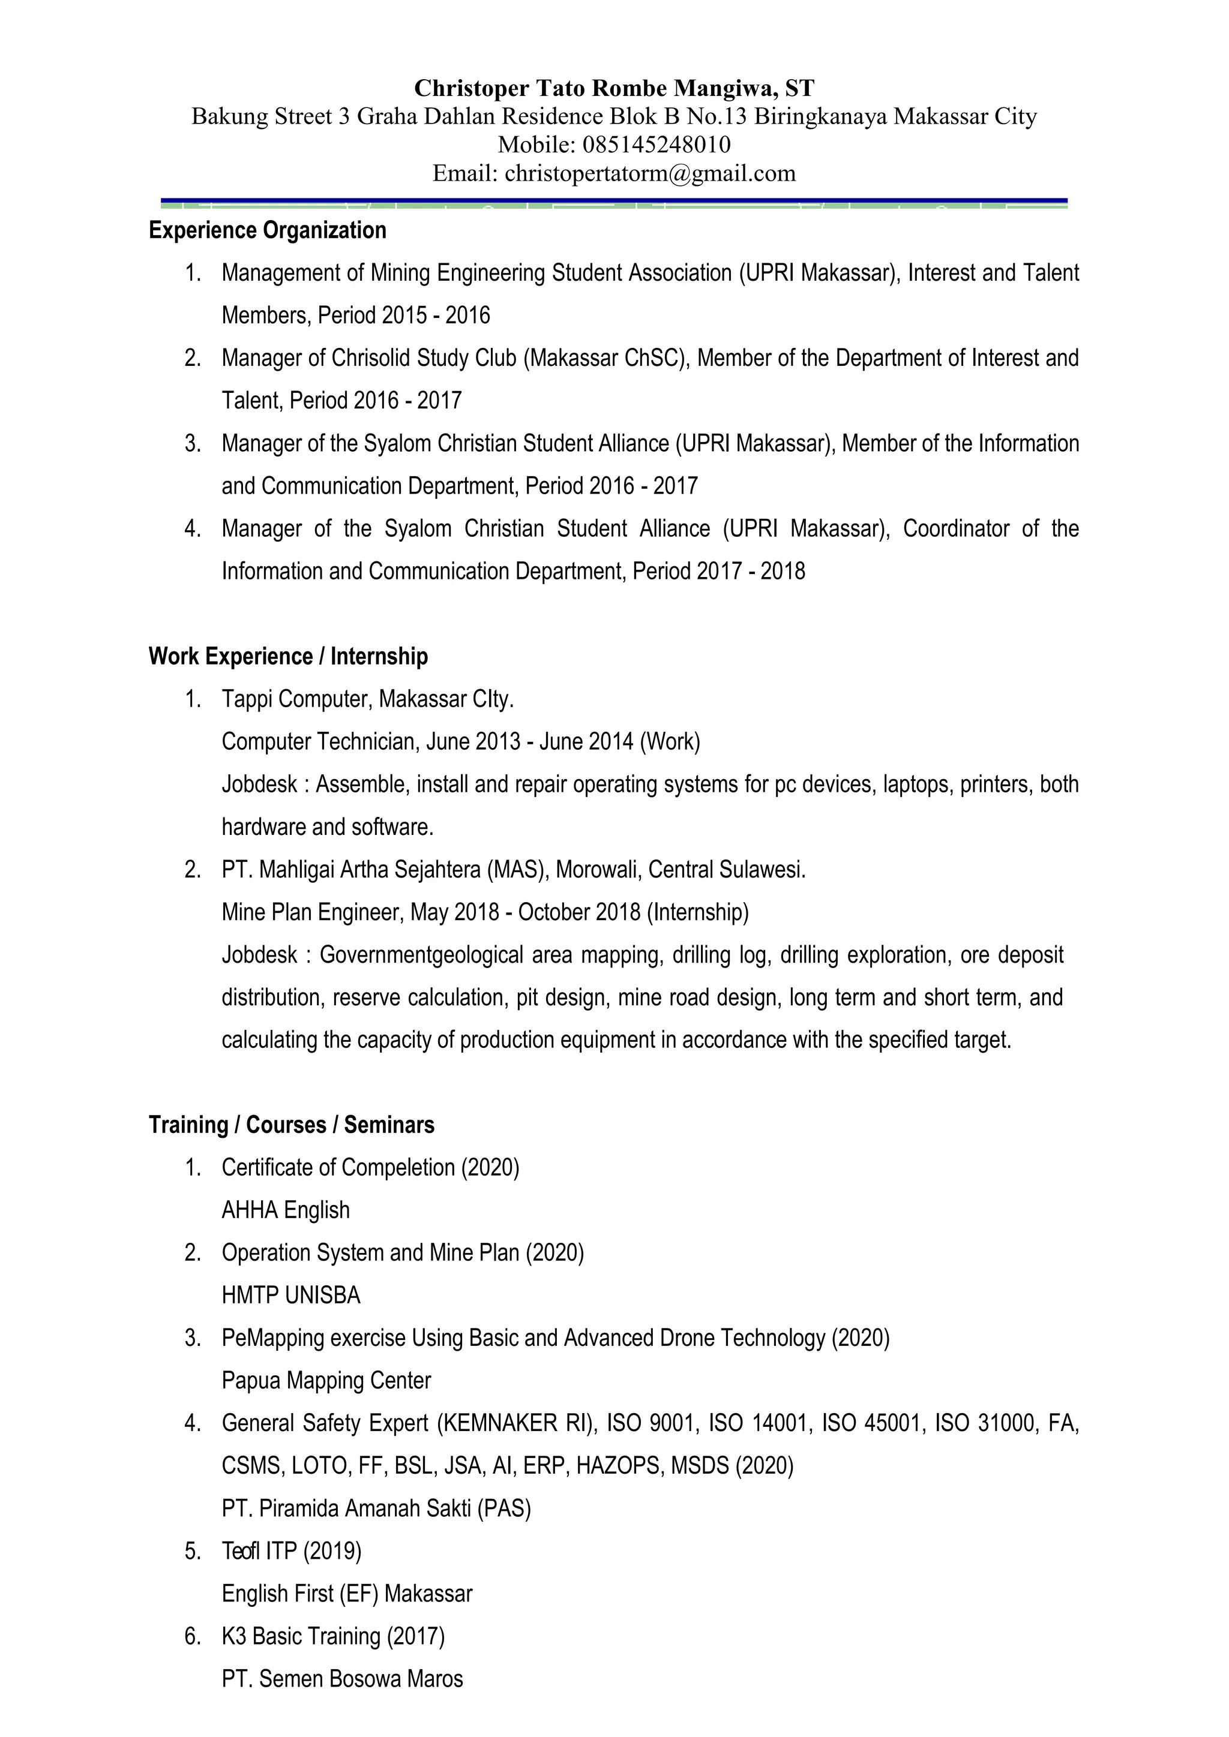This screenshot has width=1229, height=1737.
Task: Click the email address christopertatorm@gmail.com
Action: pyautogui.click(x=650, y=174)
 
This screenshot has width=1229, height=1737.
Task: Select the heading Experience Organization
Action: pyautogui.click(x=267, y=230)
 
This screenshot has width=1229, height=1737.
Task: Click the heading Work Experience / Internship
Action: pyautogui.click(x=287, y=656)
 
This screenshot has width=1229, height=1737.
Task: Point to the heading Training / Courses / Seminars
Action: pyautogui.click(x=292, y=1125)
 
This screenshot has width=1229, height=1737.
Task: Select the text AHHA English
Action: pyautogui.click(x=285, y=1210)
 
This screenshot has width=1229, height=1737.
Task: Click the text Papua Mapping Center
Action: pyautogui.click(x=326, y=1381)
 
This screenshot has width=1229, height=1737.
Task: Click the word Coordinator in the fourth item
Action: pyautogui.click(x=956, y=528)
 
